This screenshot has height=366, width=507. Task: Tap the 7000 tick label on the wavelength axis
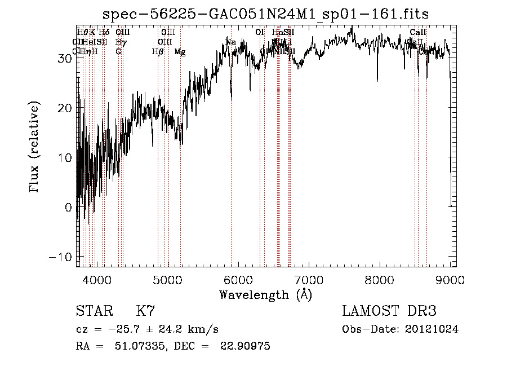click(309, 280)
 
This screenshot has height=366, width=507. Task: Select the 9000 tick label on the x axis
click(450, 280)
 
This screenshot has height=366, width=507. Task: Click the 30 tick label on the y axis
click(65, 58)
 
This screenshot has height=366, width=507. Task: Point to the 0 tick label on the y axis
click(69, 207)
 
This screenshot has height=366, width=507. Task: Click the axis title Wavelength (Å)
click(265, 294)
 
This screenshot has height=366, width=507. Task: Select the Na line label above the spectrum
click(231, 42)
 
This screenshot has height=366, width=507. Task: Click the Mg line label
click(180, 52)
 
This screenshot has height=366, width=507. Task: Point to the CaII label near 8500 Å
click(418, 32)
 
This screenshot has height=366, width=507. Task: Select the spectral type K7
click(145, 311)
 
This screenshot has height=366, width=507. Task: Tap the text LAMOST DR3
click(389, 311)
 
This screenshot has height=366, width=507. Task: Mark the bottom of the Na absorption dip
click(232, 99)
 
